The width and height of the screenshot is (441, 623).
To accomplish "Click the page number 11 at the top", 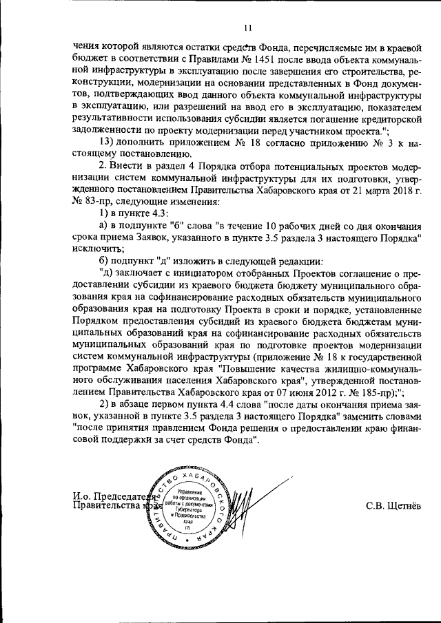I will click(x=248, y=28).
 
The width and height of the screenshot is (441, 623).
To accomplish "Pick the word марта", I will click(x=367, y=191).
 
